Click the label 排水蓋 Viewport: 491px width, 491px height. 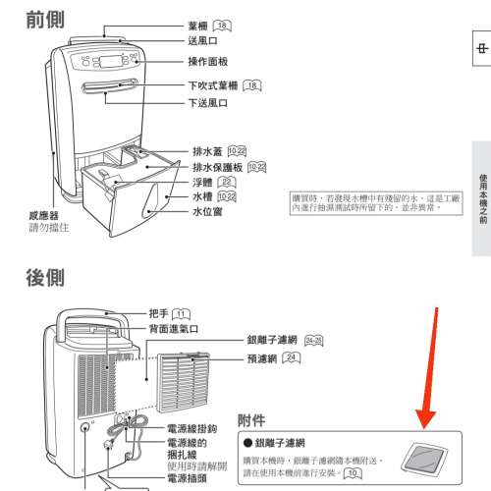207,152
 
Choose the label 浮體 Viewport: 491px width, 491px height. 202,182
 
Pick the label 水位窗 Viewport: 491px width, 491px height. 207,211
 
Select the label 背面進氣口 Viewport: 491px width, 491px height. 174,328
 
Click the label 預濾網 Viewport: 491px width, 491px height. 259,359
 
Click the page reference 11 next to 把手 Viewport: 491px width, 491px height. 180,313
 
